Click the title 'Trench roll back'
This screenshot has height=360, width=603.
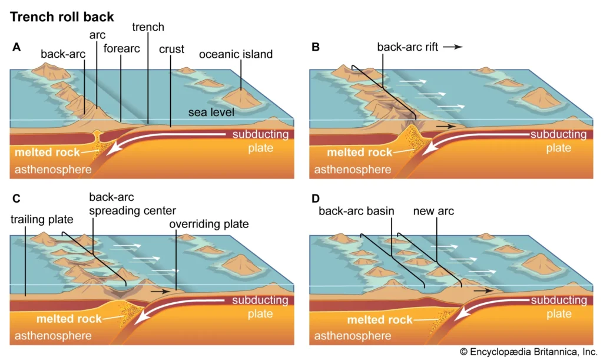(62, 16)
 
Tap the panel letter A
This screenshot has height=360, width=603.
(16, 48)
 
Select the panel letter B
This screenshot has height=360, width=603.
(316, 48)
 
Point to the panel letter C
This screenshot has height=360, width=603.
(16, 198)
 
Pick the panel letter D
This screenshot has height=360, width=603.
(316, 198)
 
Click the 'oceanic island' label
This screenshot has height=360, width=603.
(236, 54)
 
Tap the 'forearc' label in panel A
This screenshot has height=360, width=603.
(121, 48)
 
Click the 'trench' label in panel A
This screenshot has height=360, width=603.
(148, 27)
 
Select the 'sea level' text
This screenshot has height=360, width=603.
(212, 112)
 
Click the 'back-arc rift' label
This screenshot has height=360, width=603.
(407, 48)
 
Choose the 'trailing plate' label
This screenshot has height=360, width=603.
(42, 220)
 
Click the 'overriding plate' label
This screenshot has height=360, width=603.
(209, 224)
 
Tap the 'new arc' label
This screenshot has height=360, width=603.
(433, 210)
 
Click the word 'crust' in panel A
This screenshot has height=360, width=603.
(171, 49)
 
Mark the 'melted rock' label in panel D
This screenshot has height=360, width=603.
(380, 320)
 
